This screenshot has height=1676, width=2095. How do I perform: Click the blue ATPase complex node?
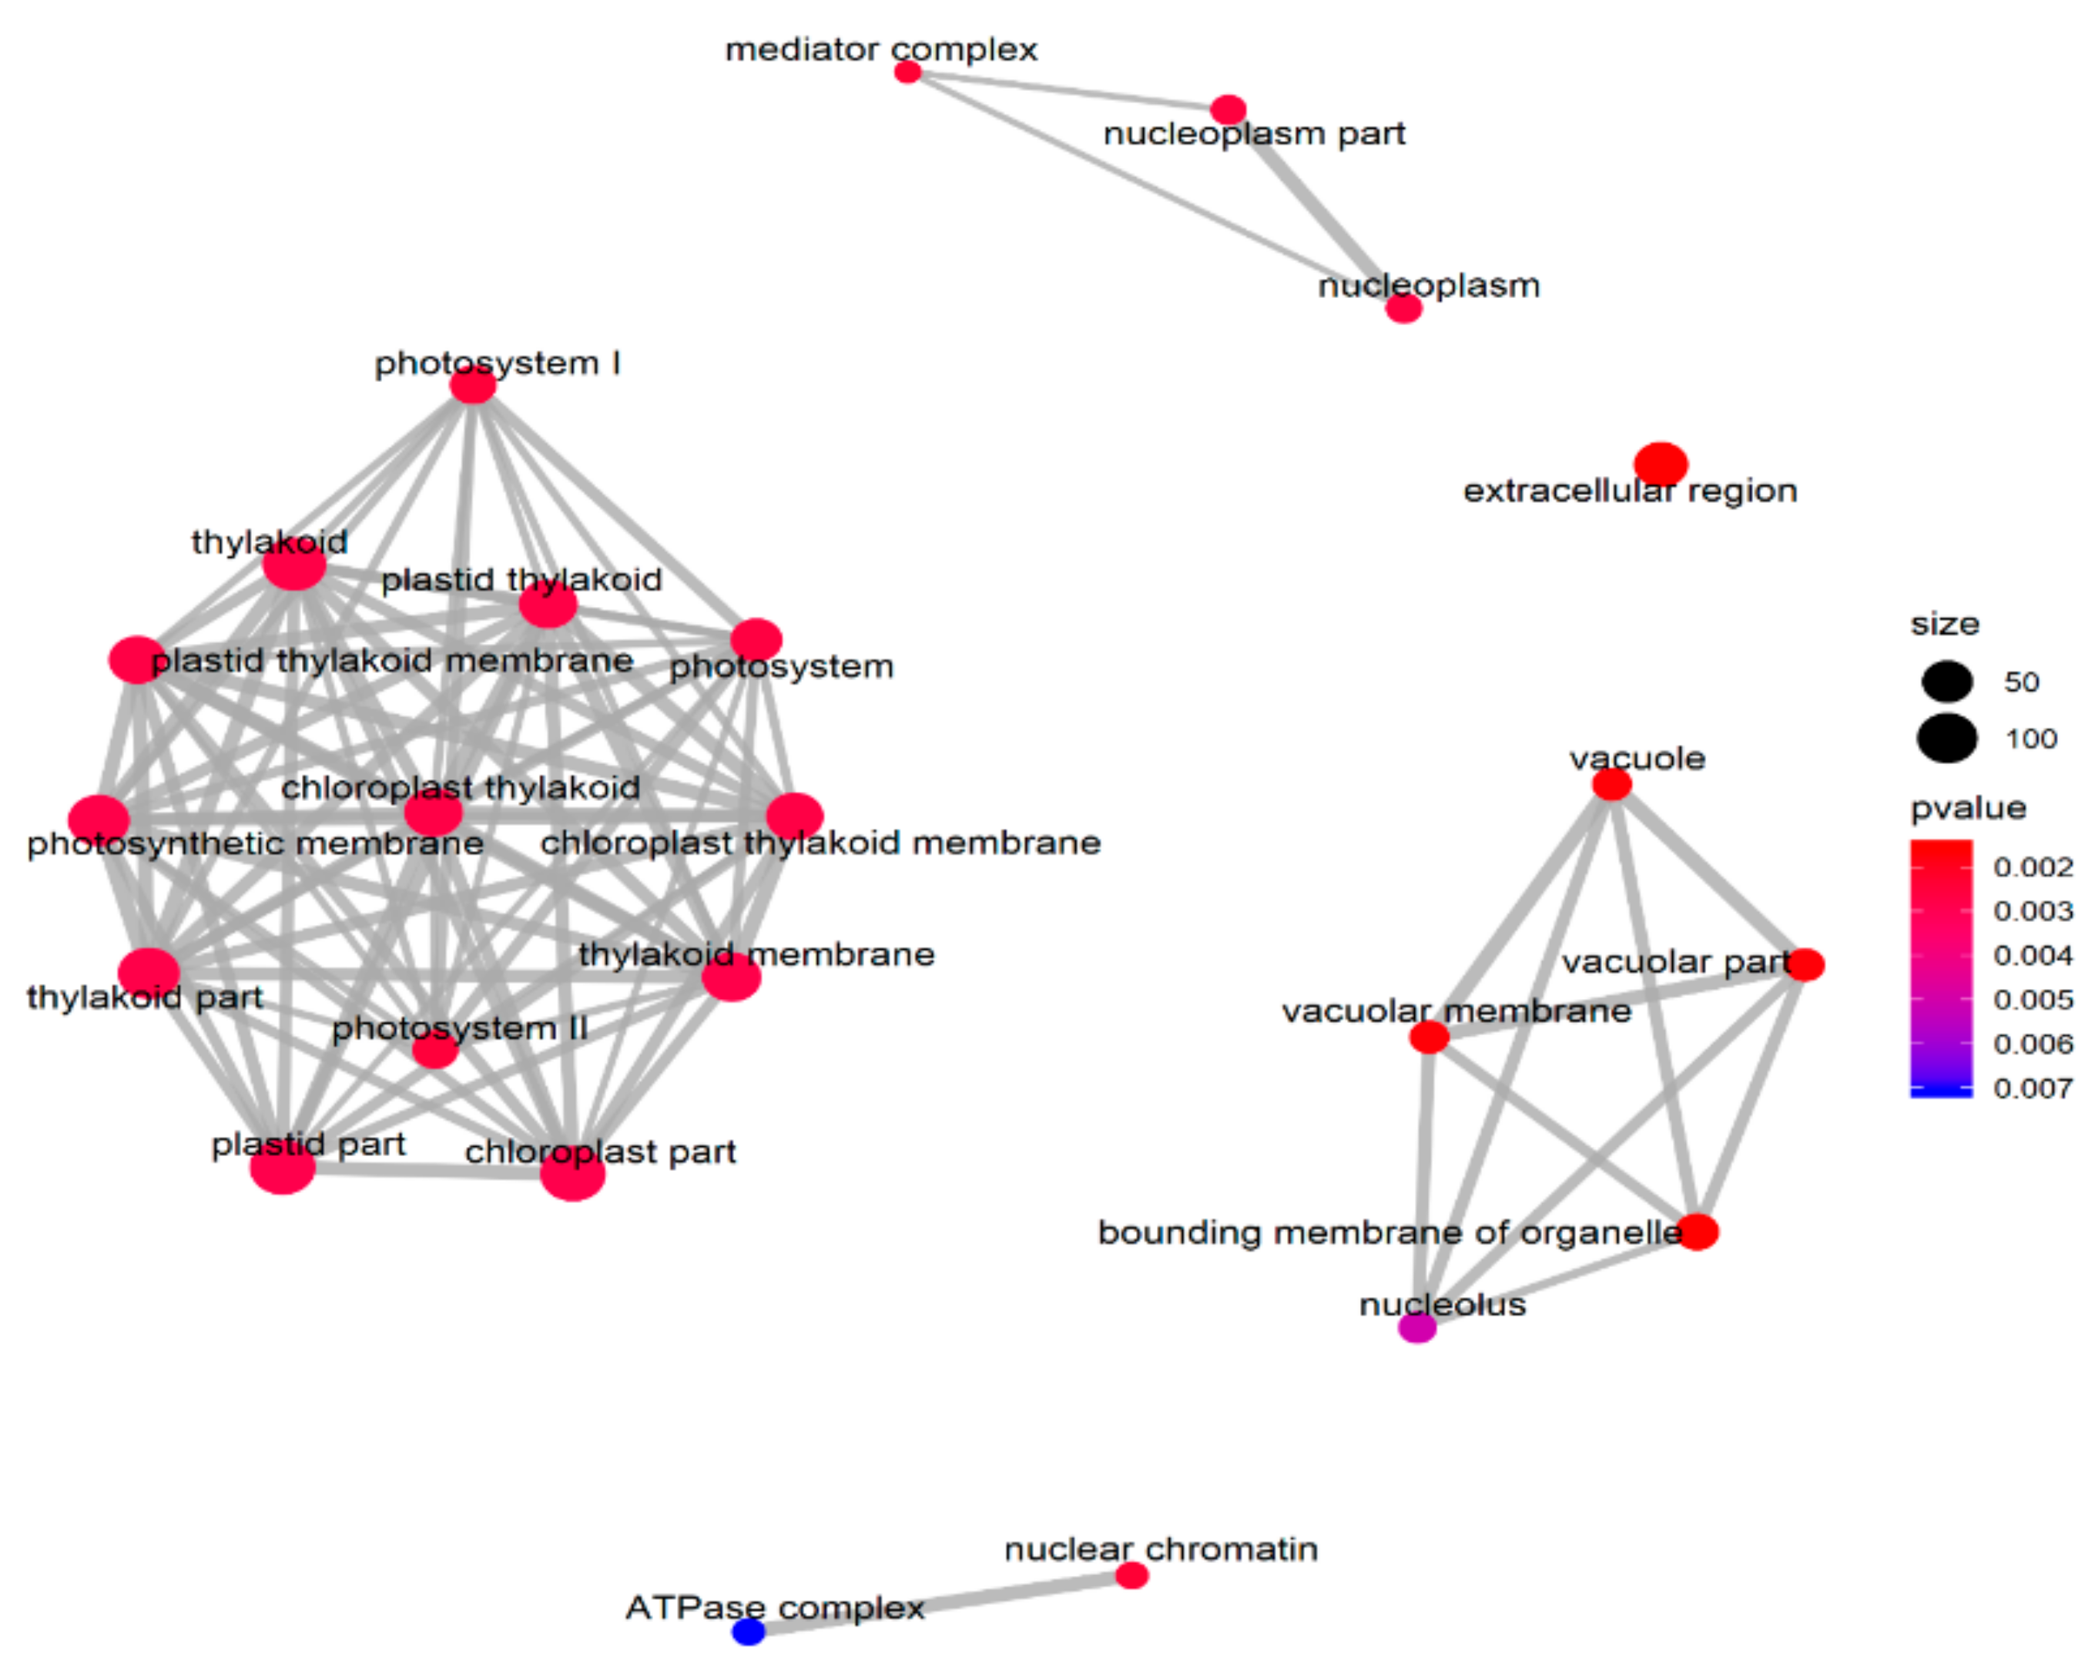click(748, 1631)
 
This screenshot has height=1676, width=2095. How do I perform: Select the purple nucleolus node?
click(1416, 1327)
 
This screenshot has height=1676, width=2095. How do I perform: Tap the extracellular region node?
click(1661, 464)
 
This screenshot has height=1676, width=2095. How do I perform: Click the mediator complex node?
click(907, 72)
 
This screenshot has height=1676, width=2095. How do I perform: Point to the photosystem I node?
click(473, 386)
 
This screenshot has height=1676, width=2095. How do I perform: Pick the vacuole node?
click(1612, 784)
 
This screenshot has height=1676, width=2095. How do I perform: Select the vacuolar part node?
click(1805, 965)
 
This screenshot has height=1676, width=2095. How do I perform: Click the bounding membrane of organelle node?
click(1698, 1232)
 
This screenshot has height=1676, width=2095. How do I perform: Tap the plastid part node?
click(283, 1167)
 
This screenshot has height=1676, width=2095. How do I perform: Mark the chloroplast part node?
click(572, 1174)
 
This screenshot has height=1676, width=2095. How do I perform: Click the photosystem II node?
click(434, 1049)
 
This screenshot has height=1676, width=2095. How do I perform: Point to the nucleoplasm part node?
click(1229, 110)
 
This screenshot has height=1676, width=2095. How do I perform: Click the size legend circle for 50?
click(1947, 681)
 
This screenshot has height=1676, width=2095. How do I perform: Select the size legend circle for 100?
click(1947, 739)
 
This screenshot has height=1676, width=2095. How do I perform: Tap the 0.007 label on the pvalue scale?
click(2033, 1088)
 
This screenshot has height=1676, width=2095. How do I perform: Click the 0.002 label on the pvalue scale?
click(2033, 866)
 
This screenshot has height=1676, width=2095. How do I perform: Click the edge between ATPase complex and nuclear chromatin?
click(940, 1603)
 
